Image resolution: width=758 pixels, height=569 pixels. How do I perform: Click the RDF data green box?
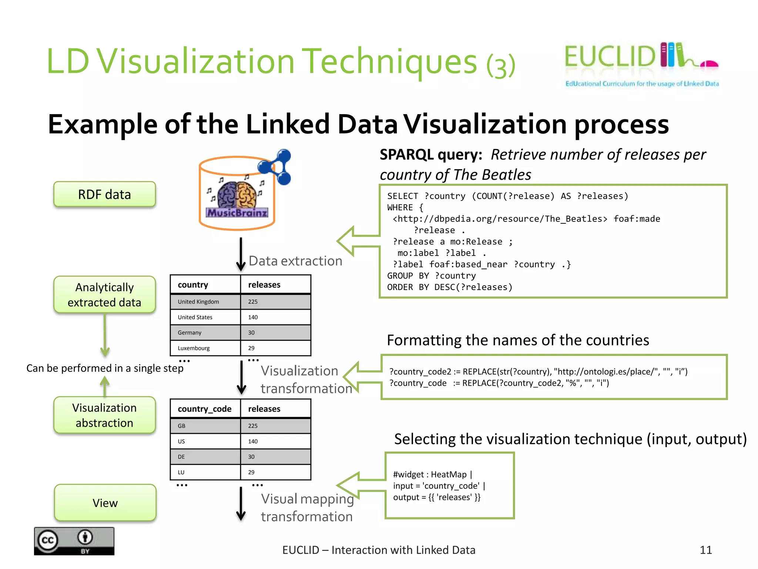(104, 194)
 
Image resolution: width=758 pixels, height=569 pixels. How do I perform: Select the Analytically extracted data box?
(104, 295)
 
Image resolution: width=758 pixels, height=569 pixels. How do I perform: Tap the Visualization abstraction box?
(104, 415)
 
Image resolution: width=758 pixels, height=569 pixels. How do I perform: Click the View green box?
(105, 503)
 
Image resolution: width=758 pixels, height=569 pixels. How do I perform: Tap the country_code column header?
(205, 409)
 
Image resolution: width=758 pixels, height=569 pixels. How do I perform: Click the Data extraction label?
(295, 261)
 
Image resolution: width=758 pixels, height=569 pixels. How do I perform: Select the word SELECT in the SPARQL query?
(402, 196)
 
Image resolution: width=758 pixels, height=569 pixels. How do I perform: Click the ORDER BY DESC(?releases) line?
(450, 287)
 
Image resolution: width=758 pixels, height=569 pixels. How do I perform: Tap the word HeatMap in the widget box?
(449, 475)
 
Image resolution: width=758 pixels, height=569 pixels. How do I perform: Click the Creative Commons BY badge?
(74, 541)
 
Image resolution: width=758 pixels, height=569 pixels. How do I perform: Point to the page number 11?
(706, 550)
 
